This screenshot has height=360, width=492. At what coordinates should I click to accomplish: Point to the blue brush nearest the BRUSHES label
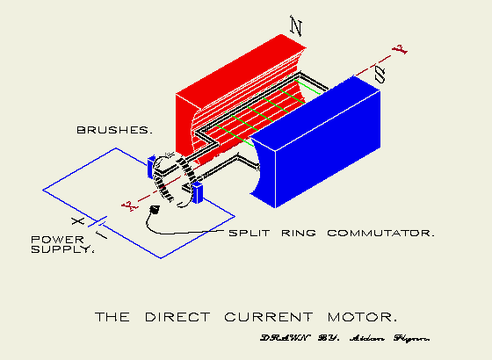pos(153,164)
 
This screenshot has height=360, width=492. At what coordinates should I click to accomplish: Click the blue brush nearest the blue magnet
pos(198,192)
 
